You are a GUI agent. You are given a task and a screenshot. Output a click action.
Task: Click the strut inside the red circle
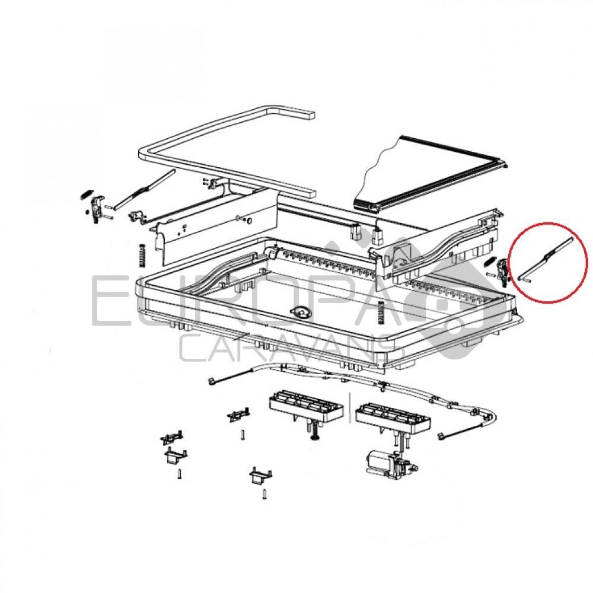[543, 259]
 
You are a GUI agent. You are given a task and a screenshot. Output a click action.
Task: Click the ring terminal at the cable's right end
[442, 438]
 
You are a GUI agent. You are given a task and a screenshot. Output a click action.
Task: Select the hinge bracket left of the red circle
[503, 270]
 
